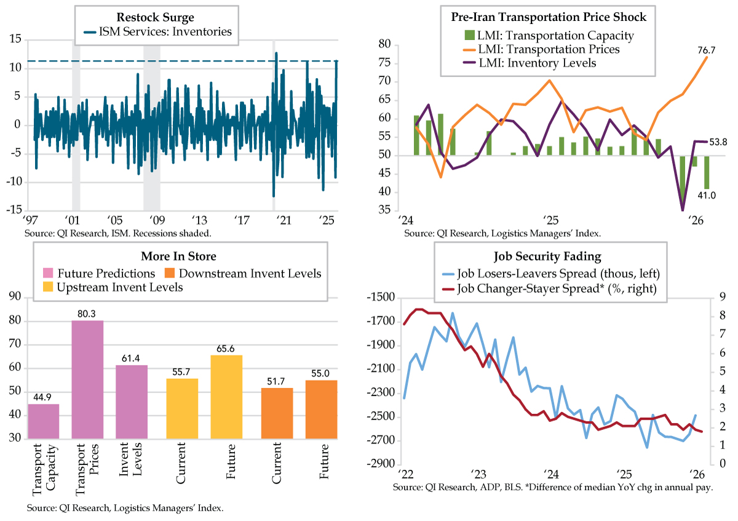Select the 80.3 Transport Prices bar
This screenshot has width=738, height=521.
pyautogui.click(x=87, y=378)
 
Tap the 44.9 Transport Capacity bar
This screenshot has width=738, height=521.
pyautogui.click(x=44, y=421)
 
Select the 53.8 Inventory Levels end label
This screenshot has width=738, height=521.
pyautogui.click(x=721, y=143)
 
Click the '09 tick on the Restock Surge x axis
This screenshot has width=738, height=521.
pyautogui.click(x=156, y=220)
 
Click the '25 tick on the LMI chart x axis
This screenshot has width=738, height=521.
pyautogui.click(x=549, y=220)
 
